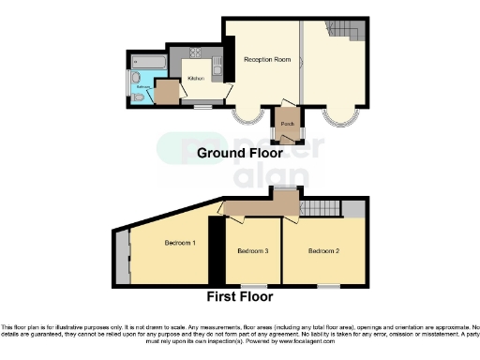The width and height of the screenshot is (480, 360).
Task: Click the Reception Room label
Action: tap(267, 59)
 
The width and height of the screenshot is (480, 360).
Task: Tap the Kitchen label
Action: tap(196, 79)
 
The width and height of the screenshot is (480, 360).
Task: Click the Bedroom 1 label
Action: tap(180, 243)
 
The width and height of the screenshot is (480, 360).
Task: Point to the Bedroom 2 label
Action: tap(322, 250)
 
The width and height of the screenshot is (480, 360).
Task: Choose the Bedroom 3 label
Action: tap(252, 251)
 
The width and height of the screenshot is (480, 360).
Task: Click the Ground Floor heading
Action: tap(239, 152)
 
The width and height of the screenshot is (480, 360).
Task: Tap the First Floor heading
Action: tap(240, 296)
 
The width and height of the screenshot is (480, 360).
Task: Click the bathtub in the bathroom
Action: tap(146, 62)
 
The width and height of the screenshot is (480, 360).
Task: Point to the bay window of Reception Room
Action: tap(247, 117)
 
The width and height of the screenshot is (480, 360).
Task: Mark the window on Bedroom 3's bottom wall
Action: tap(253, 284)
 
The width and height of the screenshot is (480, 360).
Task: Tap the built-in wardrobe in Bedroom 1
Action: tap(119, 258)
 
